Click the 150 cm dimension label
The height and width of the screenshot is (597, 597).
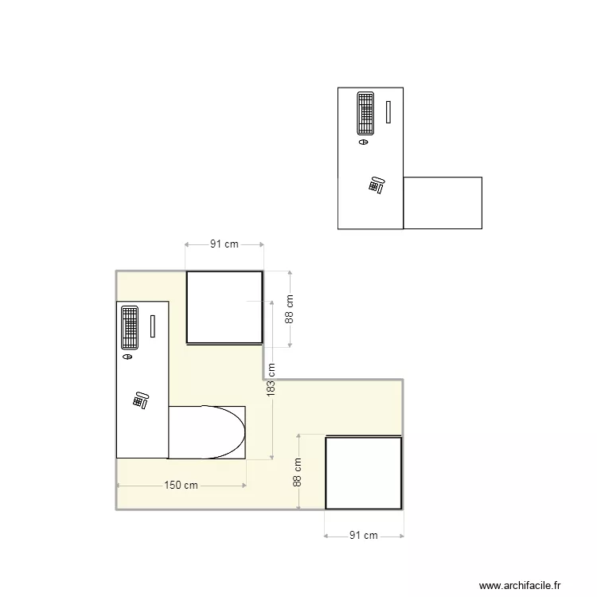(181, 485)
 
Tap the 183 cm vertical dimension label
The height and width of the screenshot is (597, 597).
(271, 380)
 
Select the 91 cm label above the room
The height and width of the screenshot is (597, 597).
(224, 244)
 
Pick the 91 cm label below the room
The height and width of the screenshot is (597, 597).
(364, 536)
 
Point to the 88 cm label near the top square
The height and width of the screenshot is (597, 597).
(290, 309)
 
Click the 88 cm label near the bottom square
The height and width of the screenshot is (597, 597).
(297, 471)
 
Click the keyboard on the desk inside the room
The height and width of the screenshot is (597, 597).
(130, 328)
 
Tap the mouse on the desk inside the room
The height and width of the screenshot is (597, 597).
(127, 357)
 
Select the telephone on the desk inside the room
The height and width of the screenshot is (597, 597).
(141, 400)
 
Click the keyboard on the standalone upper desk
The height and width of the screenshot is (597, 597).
(365, 113)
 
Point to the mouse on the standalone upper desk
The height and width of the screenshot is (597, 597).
(364, 142)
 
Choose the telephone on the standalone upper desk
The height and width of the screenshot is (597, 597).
(377, 185)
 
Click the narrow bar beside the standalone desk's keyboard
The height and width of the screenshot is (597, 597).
(388, 111)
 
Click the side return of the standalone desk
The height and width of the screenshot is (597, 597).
(443, 202)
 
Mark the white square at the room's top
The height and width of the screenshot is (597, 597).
(224, 307)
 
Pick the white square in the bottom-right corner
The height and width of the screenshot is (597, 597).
(363, 473)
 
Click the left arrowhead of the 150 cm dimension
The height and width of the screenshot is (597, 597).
(119, 485)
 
